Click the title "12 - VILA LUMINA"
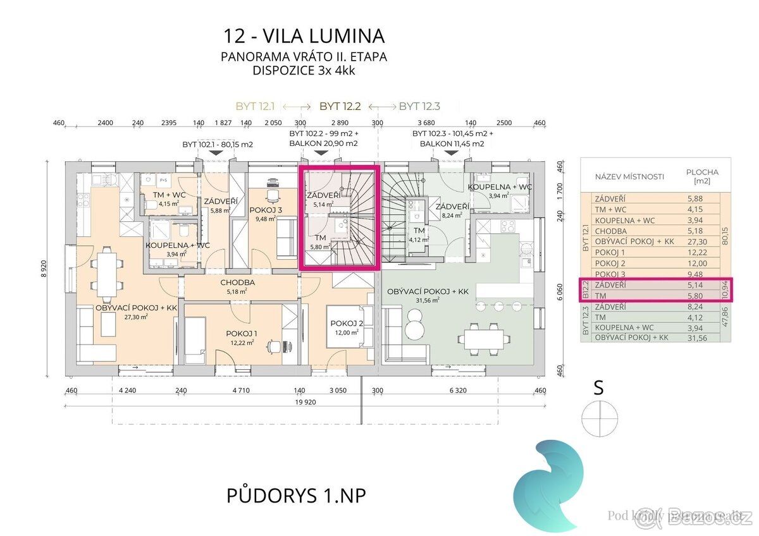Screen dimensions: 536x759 tap(304, 35)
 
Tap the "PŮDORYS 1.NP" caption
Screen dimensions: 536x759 tap(296, 496)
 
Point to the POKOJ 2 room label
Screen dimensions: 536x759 tap(347, 323)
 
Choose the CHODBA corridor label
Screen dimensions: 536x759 tap(237, 283)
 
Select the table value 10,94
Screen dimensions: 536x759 tap(725, 289)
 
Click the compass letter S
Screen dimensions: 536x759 tap(598, 388)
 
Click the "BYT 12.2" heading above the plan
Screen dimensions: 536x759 tap(340, 106)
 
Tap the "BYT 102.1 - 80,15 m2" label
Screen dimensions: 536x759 tap(218, 144)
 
